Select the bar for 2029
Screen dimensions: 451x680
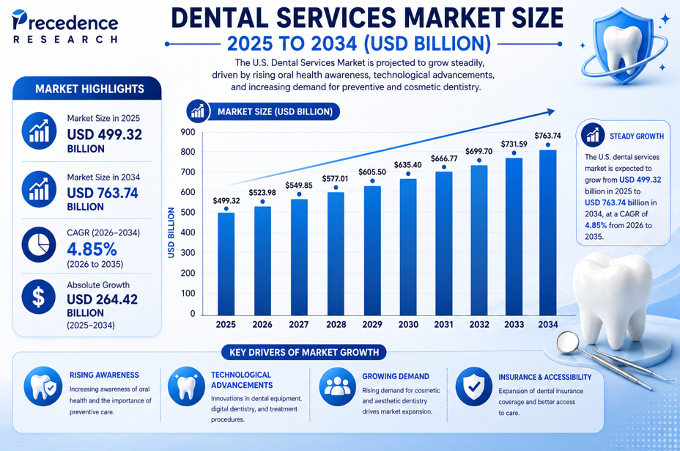tap(372, 249)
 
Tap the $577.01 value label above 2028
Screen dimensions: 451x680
tap(336, 178)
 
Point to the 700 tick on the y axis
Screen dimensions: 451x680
tap(188, 172)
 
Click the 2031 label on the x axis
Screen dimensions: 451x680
tap(443, 324)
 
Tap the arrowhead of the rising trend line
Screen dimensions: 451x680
tap(550, 111)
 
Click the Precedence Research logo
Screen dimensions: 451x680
tap(66, 29)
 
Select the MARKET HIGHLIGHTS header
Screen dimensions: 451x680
tap(89, 89)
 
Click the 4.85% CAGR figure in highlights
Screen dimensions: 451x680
tap(92, 248)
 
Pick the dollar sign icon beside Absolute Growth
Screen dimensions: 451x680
tap(37, 296)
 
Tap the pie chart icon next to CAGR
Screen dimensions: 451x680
tap(37, 245)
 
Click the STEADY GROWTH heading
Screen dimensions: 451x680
tap(636, 136)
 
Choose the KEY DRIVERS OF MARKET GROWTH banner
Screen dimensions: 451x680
tap(304, 352)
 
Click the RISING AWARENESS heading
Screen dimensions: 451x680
tap(104, 375)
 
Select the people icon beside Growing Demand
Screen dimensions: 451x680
tap(338, 386)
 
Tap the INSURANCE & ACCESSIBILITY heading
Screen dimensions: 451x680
tap(544, 377)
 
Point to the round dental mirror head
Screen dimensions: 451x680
tap(567, 341)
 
